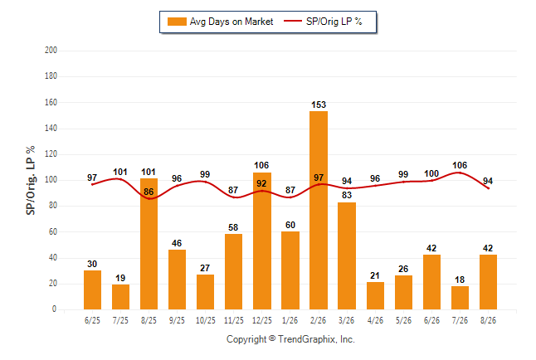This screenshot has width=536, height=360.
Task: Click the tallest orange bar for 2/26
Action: pyautogui.click(x=319, y=210)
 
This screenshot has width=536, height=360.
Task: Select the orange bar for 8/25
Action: pyautogui.click(x=149, y=244)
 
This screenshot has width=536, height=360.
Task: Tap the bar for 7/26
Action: pyautogui.click(x=460, y=298)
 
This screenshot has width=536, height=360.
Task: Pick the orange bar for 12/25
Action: pyautogui.click(x=262, y=241)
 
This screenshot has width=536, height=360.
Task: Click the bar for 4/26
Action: pyautogui.click(x=375, y=296)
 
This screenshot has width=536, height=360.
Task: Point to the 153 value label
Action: pyautogui.click(x=319, y=105)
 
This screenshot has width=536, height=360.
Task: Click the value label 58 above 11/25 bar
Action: pyautogui.click(x=233, y=227)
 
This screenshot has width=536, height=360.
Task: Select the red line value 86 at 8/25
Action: pyautogui.click(x=149, y=192)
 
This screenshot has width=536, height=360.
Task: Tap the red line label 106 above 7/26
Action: pyautogui.click(x=460, y=165)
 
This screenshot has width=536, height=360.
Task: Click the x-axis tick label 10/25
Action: pyautogui.click(x=206, y=320)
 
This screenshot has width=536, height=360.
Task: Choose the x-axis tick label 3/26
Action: pyautogui.click(x=346, y=320)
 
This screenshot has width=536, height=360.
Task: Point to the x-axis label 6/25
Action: pyautogui.click(x=92, y=320)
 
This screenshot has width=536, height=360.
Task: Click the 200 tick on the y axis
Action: pyautogui.click(x=51, y=51)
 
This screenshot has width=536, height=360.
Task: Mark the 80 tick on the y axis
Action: pyautogui.click(x=52, y=206)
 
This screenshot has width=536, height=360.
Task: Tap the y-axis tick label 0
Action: pyautogui.click(x=54, y=309)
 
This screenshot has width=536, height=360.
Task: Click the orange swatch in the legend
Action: pyautogui.click(x=177, y=22)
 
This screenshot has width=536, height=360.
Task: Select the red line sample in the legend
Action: pyautogui.click(x=293, y=22)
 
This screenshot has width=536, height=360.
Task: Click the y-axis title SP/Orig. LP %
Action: pyautogui.click(x=31, y=181)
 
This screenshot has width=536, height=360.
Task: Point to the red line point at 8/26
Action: pyautogui.click(x=488, y=188)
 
